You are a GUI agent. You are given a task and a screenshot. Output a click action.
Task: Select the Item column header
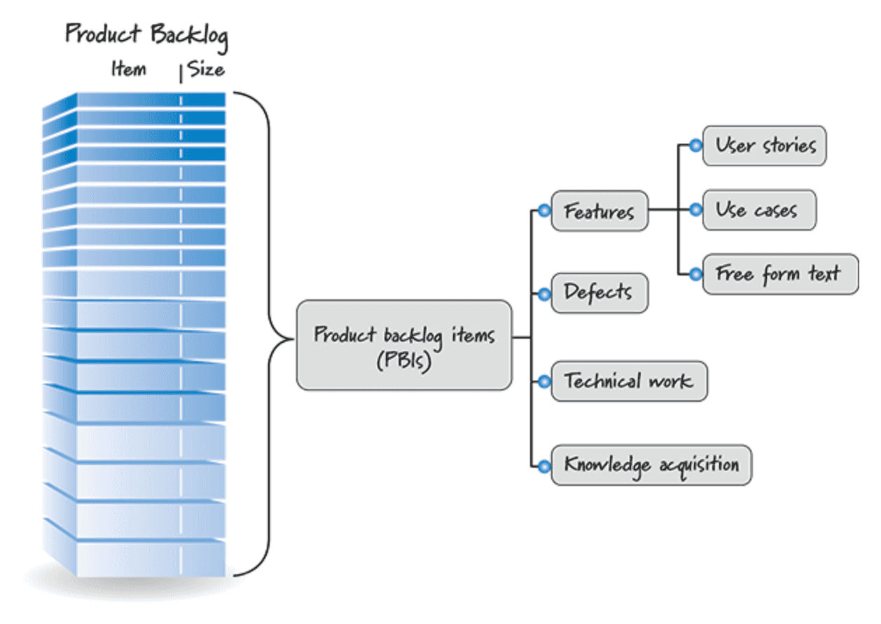coord(128,69)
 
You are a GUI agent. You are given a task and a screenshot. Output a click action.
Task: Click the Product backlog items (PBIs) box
coord(404,345)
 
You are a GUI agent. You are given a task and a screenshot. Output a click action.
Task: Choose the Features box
coord(599,210)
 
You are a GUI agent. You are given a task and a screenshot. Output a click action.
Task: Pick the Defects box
coord(599,293)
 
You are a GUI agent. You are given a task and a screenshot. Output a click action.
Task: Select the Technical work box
coord(629,381)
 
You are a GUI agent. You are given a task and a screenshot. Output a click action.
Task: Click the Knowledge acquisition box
coord(651,464)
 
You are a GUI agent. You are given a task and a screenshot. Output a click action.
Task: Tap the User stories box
coord(764,146)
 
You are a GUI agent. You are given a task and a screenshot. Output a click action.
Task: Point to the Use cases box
coord(758,210)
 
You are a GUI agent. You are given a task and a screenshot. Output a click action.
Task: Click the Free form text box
coord(779,274)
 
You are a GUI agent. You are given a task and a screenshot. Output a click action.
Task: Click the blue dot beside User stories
coord(695,146)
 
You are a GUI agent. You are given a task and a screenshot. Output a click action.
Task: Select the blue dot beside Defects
coord(544,294)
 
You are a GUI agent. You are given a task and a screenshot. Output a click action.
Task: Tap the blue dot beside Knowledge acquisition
coord(544,466)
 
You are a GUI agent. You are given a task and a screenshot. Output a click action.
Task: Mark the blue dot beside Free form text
coord(695,274)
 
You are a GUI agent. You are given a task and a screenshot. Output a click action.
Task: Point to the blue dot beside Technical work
coord(544,382)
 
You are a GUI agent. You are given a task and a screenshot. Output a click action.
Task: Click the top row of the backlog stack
coord(151,100)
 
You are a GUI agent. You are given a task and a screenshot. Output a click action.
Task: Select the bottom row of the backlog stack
coord(151,559)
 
